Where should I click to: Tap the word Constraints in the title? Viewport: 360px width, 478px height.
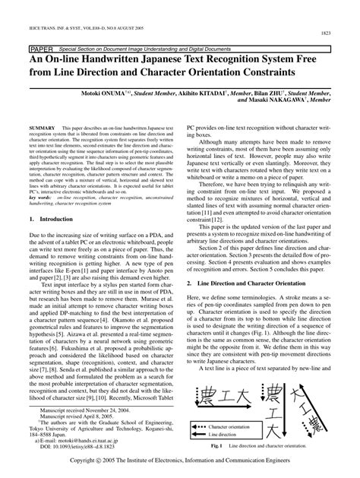pos(261,74)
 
